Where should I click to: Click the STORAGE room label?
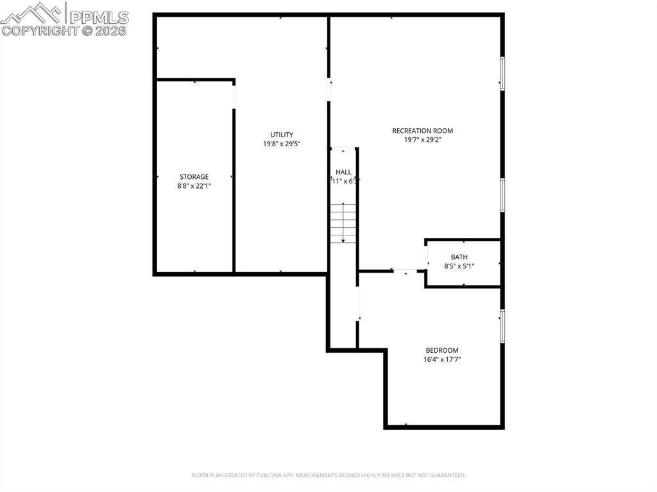point(194,177)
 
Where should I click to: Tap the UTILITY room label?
point(282,135)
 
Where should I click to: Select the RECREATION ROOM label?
point(422,131)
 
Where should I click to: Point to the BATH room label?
point(459,257)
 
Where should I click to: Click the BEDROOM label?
point(442,350)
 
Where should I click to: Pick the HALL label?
point(343,172)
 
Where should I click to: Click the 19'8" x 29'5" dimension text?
point(282,144)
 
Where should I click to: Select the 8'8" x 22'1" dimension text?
point(194,186)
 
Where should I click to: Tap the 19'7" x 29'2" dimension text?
point(422,140)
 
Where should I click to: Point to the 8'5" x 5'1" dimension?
point(459,266)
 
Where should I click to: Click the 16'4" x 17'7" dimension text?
point(442,360)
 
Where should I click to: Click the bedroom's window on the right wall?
point(502,326)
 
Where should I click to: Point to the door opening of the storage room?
point(234,96)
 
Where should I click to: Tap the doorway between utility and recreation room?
point(329,89)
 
